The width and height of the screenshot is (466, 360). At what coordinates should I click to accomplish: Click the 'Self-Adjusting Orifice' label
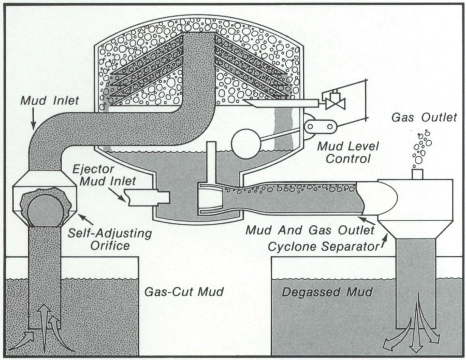[x=110, y=239]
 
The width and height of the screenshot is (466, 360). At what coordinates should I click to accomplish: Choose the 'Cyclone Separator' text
[x=322, y=246]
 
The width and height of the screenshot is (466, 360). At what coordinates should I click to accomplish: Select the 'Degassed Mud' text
[x=327, y=292]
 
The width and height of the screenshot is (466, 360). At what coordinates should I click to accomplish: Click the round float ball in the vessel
[x=246, y=140]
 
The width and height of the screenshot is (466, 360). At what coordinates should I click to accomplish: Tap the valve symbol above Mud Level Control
[x=330, y=99]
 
